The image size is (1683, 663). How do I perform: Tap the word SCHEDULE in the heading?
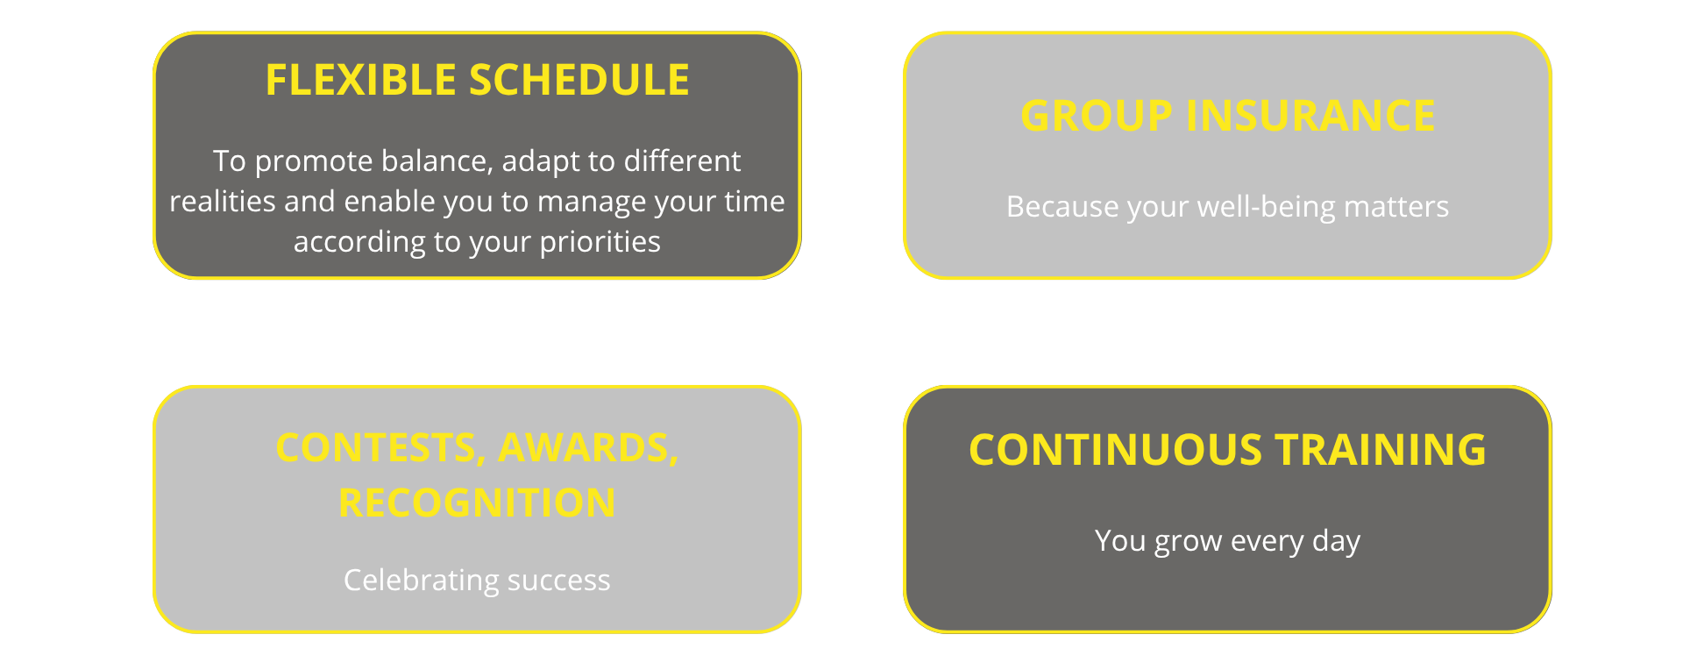(579, 80)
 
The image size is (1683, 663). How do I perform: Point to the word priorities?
(600, 243)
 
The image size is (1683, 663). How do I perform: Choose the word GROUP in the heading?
(1097, 116)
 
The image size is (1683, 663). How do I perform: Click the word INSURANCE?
(1310, 116)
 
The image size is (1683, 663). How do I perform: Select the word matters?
(1396, 207)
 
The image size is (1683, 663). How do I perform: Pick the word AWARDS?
(588, 449)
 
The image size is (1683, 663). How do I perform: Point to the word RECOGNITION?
(477, 503)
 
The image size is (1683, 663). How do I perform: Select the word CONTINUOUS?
(1115, 450)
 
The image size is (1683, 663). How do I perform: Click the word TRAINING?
(1381, 450)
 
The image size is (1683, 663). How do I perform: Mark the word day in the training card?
(1336, 542)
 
